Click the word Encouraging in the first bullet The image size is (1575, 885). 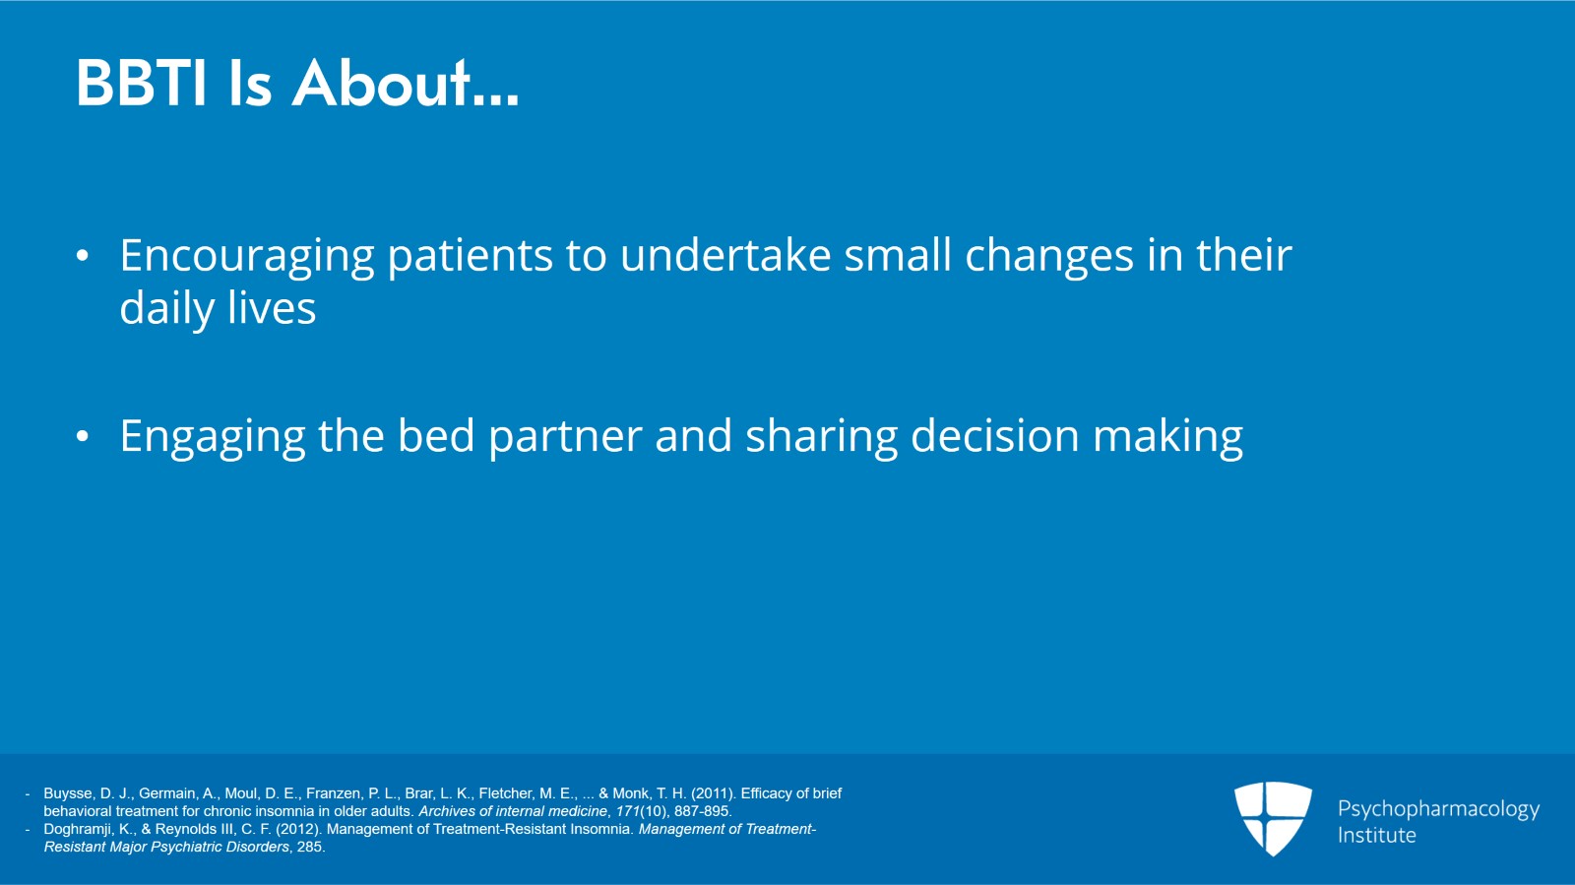point(247,257)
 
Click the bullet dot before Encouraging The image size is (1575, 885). point(83,257)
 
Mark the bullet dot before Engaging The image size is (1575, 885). point(83,436)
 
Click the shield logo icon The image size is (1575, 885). point(1273,818)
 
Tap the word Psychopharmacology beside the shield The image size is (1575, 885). point(1438,809)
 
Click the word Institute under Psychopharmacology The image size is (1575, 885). point(1376,835)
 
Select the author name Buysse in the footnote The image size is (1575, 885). point(68,793)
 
